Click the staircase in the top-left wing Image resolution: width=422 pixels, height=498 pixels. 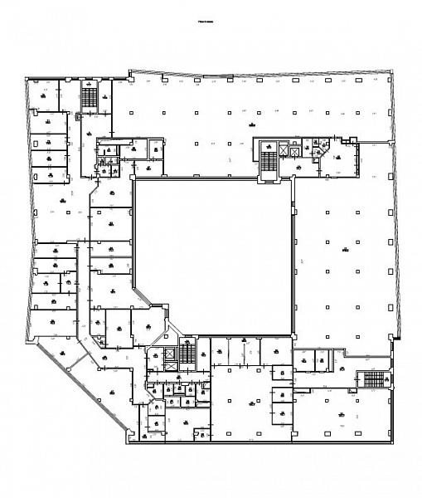(x=88, y=96)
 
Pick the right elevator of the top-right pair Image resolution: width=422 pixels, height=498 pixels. (x=296, y=149)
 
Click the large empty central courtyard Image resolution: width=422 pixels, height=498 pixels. (x=212, y=256)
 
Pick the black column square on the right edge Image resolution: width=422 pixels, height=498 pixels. (x=398, y=339)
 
